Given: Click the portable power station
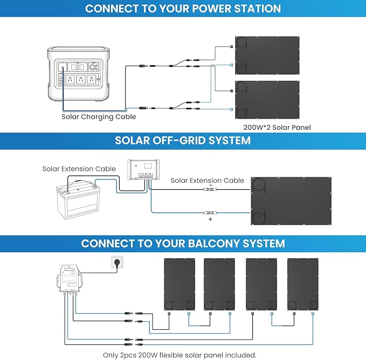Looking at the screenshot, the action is pos(79,74).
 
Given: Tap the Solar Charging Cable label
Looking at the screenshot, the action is pos(99,116).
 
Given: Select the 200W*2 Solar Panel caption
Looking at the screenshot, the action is pos(277,127).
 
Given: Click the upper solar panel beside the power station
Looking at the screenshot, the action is pos(267,56).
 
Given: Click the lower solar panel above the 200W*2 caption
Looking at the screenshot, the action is pos(267,100).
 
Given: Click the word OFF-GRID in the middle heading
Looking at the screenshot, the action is pos(179,141).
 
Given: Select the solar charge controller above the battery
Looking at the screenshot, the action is pos(143,170).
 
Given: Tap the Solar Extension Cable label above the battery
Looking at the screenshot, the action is pos(79,169).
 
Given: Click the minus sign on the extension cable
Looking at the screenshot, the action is pos(211,185).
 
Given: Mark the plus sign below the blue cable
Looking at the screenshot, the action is pos(210,219).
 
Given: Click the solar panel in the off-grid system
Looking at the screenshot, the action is pos(291,201).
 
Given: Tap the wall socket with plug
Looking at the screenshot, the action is pos(117,262).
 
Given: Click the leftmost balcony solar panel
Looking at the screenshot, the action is pos(179,284).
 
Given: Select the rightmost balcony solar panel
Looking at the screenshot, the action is pos(303,284).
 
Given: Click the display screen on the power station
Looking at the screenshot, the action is pos(77,67).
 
